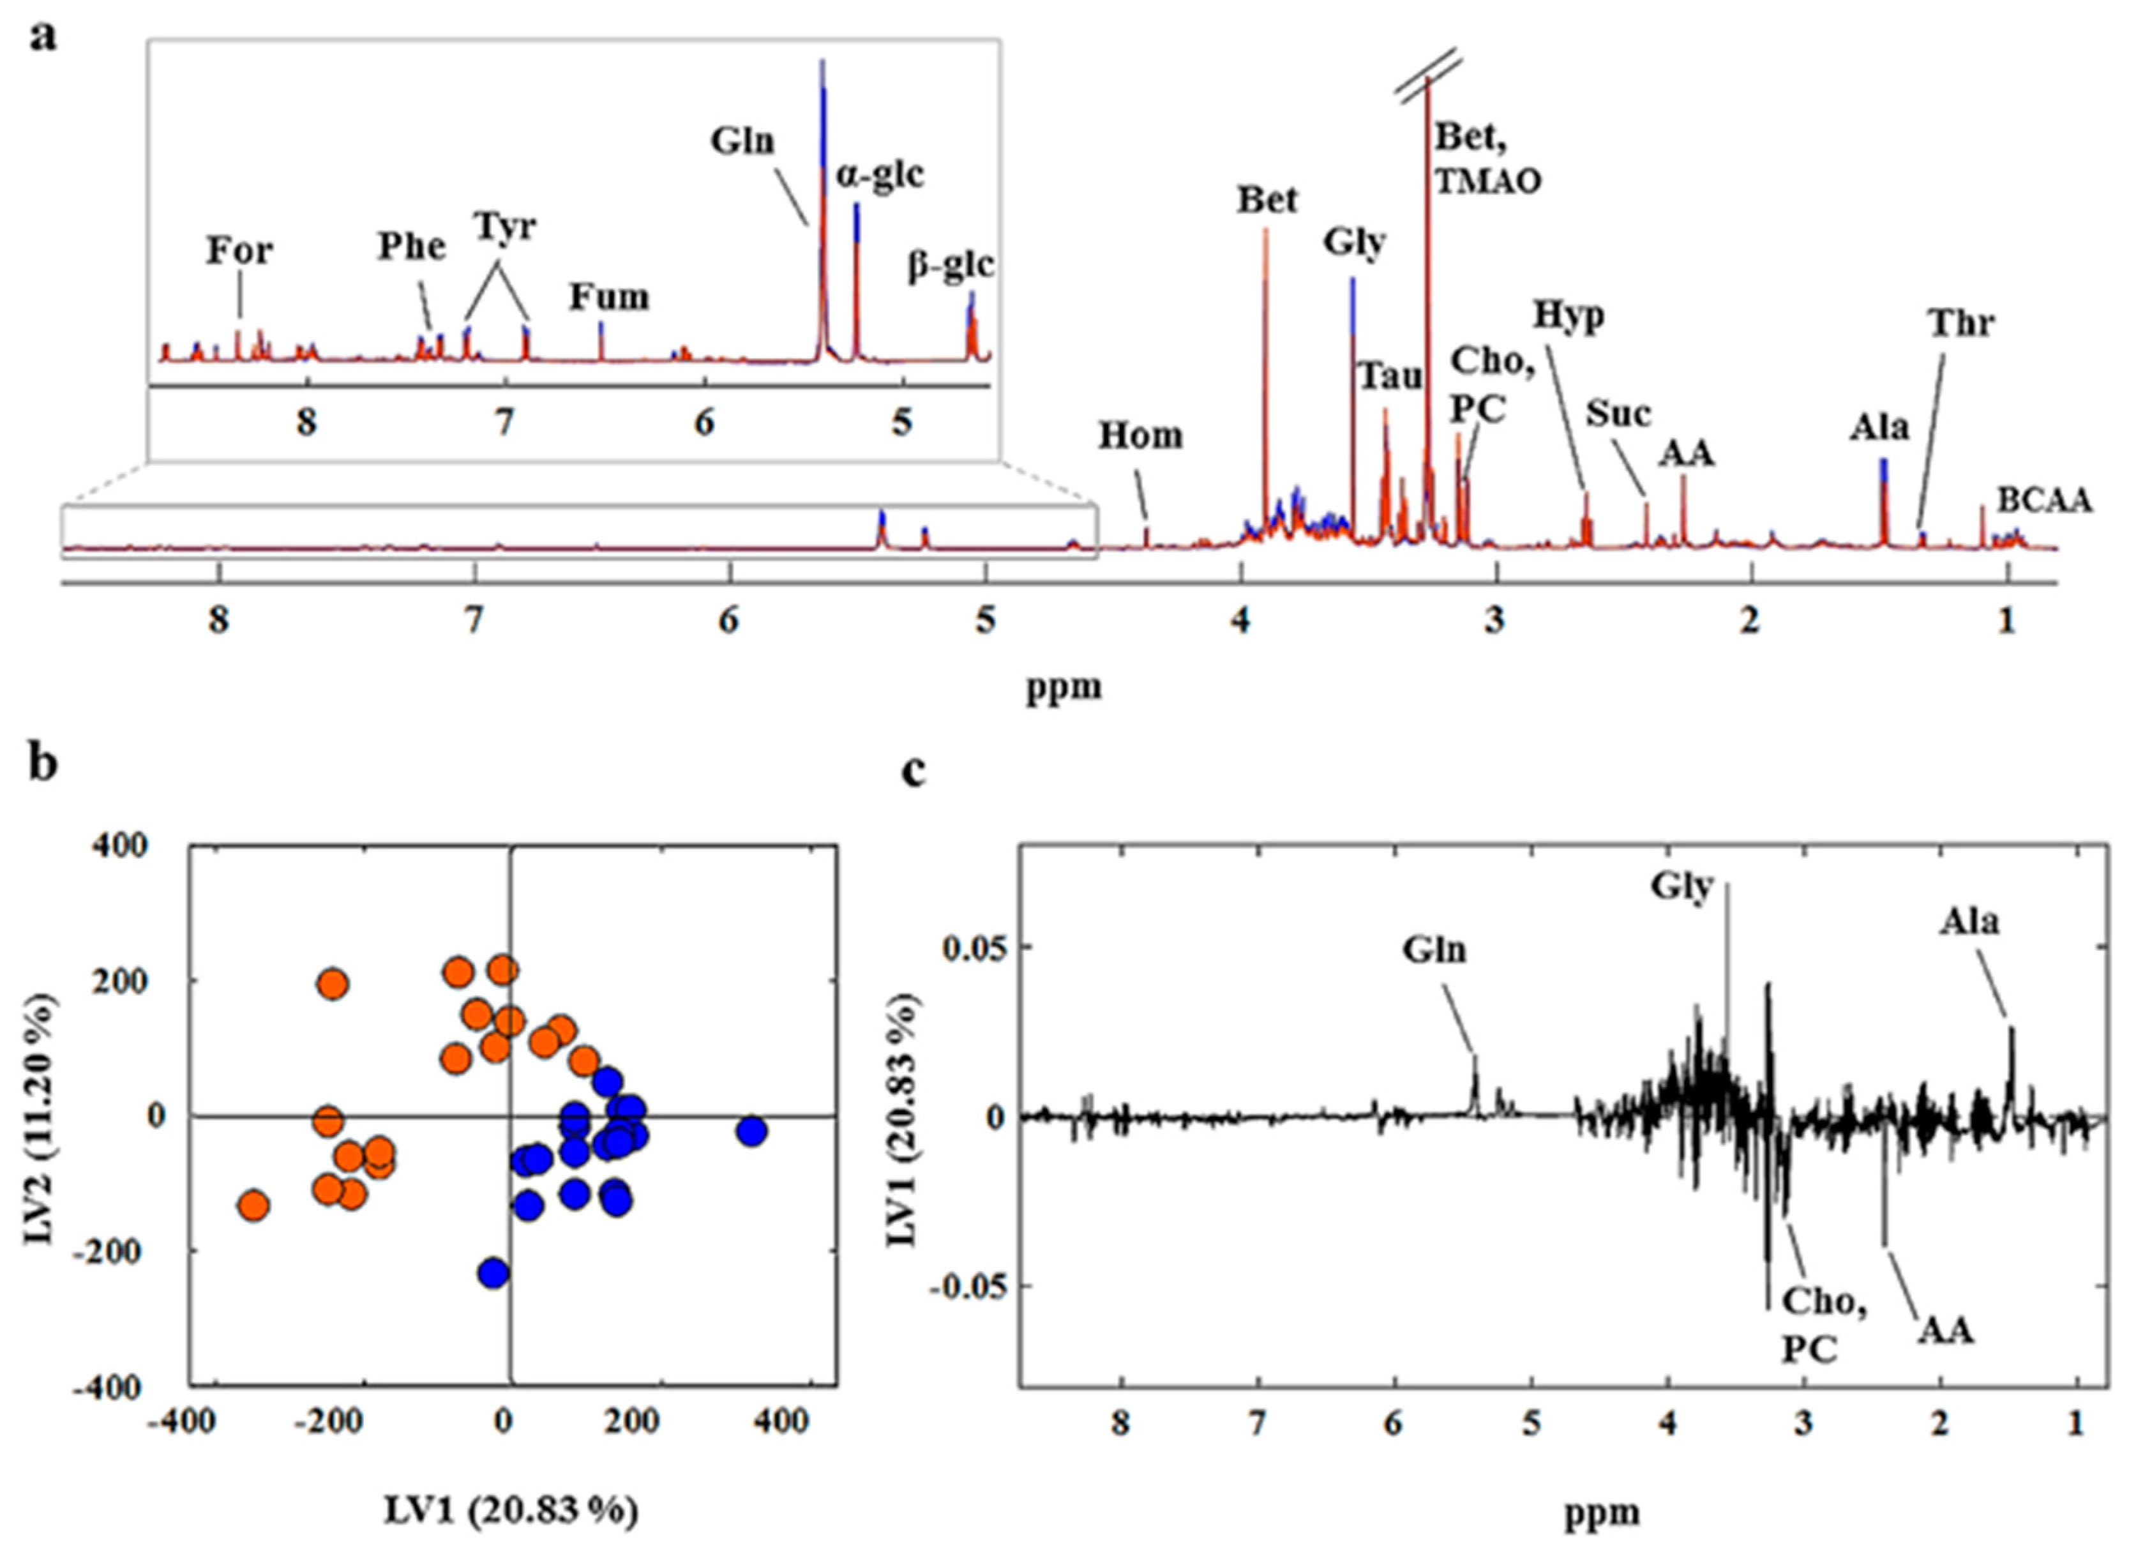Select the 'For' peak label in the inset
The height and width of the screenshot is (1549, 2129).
(239, 251)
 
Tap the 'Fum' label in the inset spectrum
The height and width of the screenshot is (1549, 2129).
(609, 298)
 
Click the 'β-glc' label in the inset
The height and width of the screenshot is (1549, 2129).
(949, 266)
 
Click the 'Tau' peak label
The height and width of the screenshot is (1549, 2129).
(1391, 377)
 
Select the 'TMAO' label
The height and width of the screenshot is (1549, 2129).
(1488, 181)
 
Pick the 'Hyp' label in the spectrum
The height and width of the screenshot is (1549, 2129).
(1569, 316)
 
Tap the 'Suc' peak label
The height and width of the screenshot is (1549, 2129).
(1618, 413)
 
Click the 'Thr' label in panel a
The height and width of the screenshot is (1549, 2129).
(1961, 323)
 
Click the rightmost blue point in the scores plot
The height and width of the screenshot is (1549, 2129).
(752, 1131)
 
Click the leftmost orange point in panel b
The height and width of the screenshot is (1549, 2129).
(253, 1204)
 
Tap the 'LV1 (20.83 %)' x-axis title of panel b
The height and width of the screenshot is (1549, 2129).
(511, 1511)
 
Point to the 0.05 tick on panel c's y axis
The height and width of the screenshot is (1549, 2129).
(970, 948)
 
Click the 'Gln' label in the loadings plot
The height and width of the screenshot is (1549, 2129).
(1434, 950)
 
